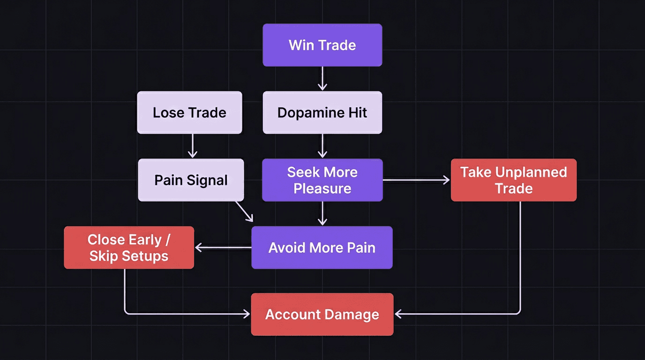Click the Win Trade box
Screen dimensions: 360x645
coord(322,45)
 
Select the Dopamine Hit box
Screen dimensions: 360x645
coord(322,112)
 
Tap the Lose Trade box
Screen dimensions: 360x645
coord(189,112)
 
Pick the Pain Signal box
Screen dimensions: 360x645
coord(191,180)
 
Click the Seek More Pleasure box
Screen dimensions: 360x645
coord(322,180)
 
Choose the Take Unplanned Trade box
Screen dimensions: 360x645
coord(513,180)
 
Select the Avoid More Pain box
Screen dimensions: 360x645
coord(322,247)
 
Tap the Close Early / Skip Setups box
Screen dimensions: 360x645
coord(128,247)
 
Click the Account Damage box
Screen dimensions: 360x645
coord(322,314)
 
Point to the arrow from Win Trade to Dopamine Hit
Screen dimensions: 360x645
coord(322,78)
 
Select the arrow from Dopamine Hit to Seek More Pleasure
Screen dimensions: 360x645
coord(322,146)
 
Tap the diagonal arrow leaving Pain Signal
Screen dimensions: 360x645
coord(244,211)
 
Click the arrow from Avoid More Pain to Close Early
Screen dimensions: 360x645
coord(223,247)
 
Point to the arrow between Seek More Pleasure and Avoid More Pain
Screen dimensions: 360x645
coord(322,214)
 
